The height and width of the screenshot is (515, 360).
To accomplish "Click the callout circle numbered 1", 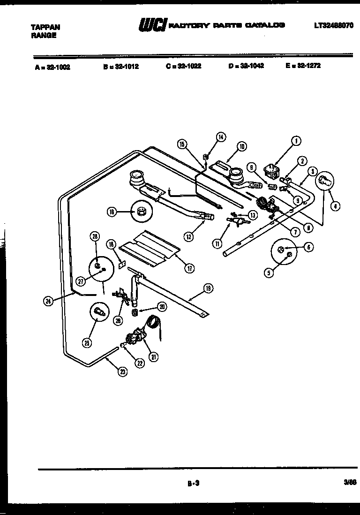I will tap(296, 140).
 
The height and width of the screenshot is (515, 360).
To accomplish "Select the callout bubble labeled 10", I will tap(241, 146).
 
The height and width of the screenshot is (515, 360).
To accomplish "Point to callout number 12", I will tap(188, 236).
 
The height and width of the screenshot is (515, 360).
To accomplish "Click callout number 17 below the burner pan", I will tap(189, 268).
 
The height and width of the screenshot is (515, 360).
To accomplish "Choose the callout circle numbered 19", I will tap(208, 289).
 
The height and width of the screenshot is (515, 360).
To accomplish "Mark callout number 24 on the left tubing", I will tap(48, 302).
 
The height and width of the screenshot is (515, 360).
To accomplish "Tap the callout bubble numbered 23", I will tap(123, 372).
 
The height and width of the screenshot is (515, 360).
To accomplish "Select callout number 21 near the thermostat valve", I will tap(154, 356).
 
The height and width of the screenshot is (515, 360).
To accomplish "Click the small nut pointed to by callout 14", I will tap(205, 157).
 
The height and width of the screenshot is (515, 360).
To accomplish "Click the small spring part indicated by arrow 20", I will tap(135, 312).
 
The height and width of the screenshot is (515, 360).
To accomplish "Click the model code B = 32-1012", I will tap(121, 66).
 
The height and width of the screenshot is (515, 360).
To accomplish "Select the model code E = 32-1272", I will tap(303, 66).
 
